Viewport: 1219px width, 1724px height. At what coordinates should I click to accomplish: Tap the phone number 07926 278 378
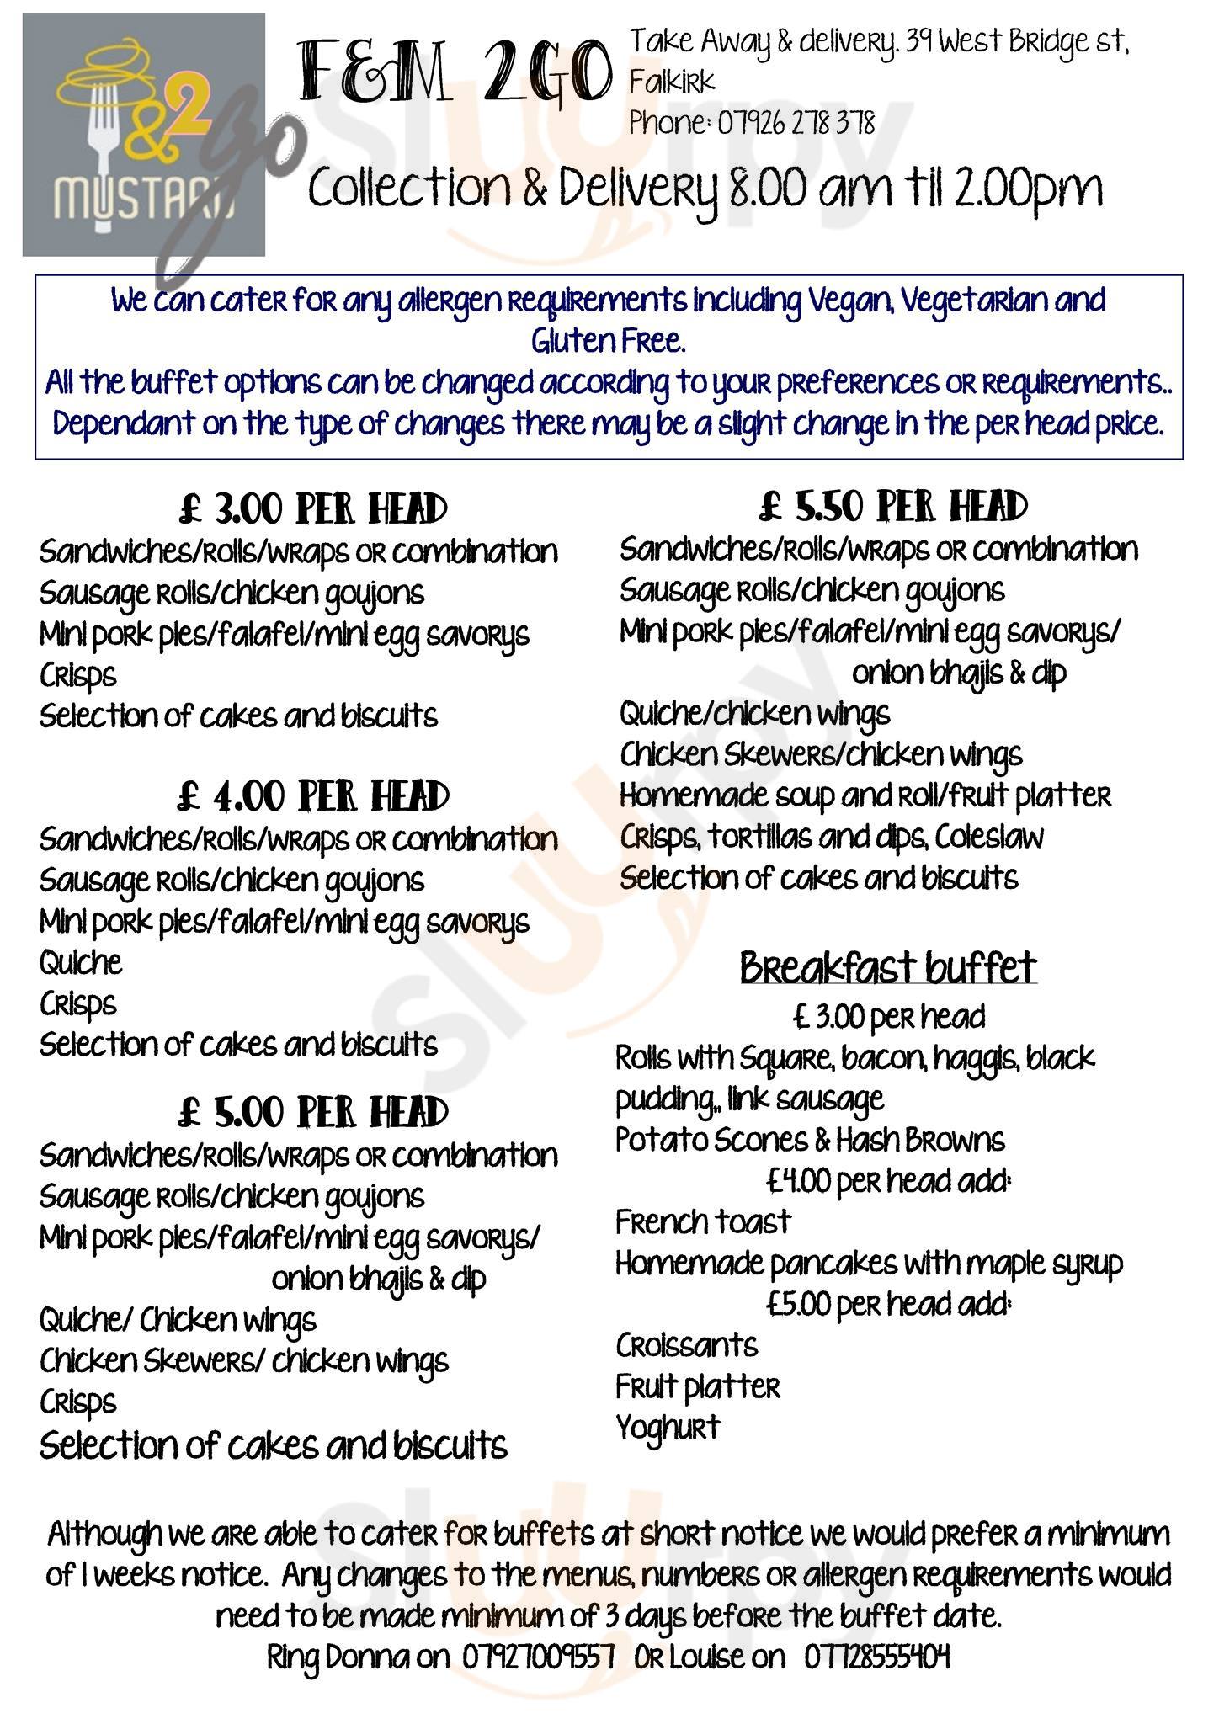click(x=795, y=125)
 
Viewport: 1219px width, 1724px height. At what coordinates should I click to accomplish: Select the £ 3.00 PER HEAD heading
click(x=312, y=509)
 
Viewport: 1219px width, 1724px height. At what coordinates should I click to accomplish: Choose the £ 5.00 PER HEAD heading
click(x=312, y=1112)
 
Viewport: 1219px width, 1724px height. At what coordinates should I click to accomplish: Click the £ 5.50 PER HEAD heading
click(x=893, y=507)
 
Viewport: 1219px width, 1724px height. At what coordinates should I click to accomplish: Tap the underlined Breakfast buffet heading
click(x=887, y=968)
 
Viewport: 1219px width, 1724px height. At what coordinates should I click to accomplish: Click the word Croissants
click(x=686, y=1345)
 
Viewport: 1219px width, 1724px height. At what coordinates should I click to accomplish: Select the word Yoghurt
click(x=668, y=1428)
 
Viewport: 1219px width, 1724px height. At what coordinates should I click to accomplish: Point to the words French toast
click(x=703, y=1221)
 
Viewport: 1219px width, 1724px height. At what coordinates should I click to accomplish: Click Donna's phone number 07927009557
click(x=538, y=1657)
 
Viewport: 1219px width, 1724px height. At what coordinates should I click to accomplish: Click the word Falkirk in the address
click(x=672, y=82)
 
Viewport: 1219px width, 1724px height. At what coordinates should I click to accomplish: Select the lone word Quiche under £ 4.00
click(x=81, y=962)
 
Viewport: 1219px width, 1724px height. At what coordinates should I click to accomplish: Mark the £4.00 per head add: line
click(x=887, y=1181)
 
